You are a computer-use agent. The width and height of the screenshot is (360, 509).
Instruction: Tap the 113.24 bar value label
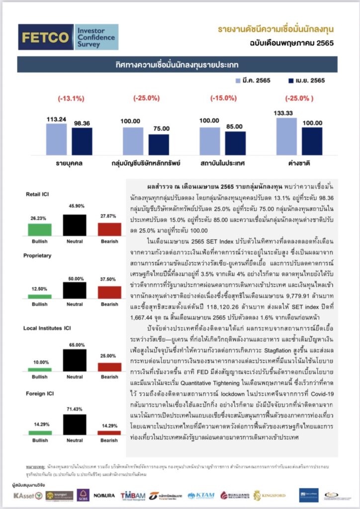tap(56, 119)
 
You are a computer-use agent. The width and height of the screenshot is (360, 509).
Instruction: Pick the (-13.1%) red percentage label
tap(71, 98)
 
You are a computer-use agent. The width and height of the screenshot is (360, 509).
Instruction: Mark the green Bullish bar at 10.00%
tap(40, 369)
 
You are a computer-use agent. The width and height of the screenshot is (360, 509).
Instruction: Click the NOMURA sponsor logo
tap(104, 495)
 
